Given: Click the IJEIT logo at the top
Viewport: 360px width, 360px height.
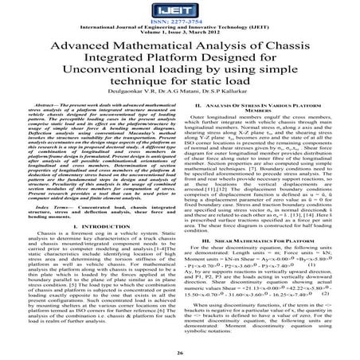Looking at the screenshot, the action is pyautogui.click(x=180, y=10).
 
